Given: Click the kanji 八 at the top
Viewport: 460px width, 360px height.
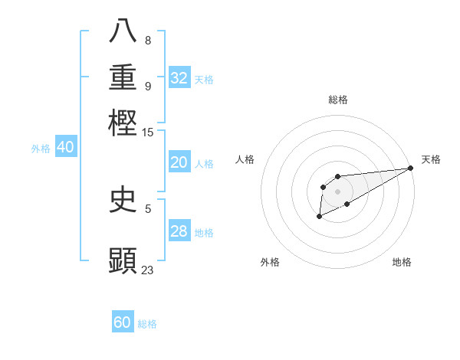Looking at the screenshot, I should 123,31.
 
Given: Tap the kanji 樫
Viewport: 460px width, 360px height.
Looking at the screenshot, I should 123,122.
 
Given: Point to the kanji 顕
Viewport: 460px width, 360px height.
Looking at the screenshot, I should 123,260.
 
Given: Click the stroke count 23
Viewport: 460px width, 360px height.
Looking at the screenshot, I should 147,270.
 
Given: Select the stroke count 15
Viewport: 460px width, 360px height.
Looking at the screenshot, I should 147,133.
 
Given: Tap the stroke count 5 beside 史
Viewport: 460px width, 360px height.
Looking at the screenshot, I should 147,208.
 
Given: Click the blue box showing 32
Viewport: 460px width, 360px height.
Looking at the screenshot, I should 179,78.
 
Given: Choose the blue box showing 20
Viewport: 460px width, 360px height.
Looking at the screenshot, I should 179,162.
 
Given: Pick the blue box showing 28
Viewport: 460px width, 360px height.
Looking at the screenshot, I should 179,231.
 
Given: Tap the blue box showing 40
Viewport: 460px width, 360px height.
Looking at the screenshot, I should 65,147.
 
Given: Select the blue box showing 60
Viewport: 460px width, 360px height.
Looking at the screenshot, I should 123,322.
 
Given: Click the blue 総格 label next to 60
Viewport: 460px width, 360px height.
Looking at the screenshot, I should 147,324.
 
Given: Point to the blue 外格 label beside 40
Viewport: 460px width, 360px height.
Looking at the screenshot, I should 41,149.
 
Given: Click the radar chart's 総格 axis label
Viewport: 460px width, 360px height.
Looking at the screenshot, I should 337,100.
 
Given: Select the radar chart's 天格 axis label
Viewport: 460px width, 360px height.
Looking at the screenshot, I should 431,159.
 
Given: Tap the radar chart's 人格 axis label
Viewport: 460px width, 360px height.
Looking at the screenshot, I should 245,159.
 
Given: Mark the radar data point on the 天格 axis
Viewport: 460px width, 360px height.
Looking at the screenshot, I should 410,168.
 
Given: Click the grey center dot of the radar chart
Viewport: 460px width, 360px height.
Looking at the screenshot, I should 337,191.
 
